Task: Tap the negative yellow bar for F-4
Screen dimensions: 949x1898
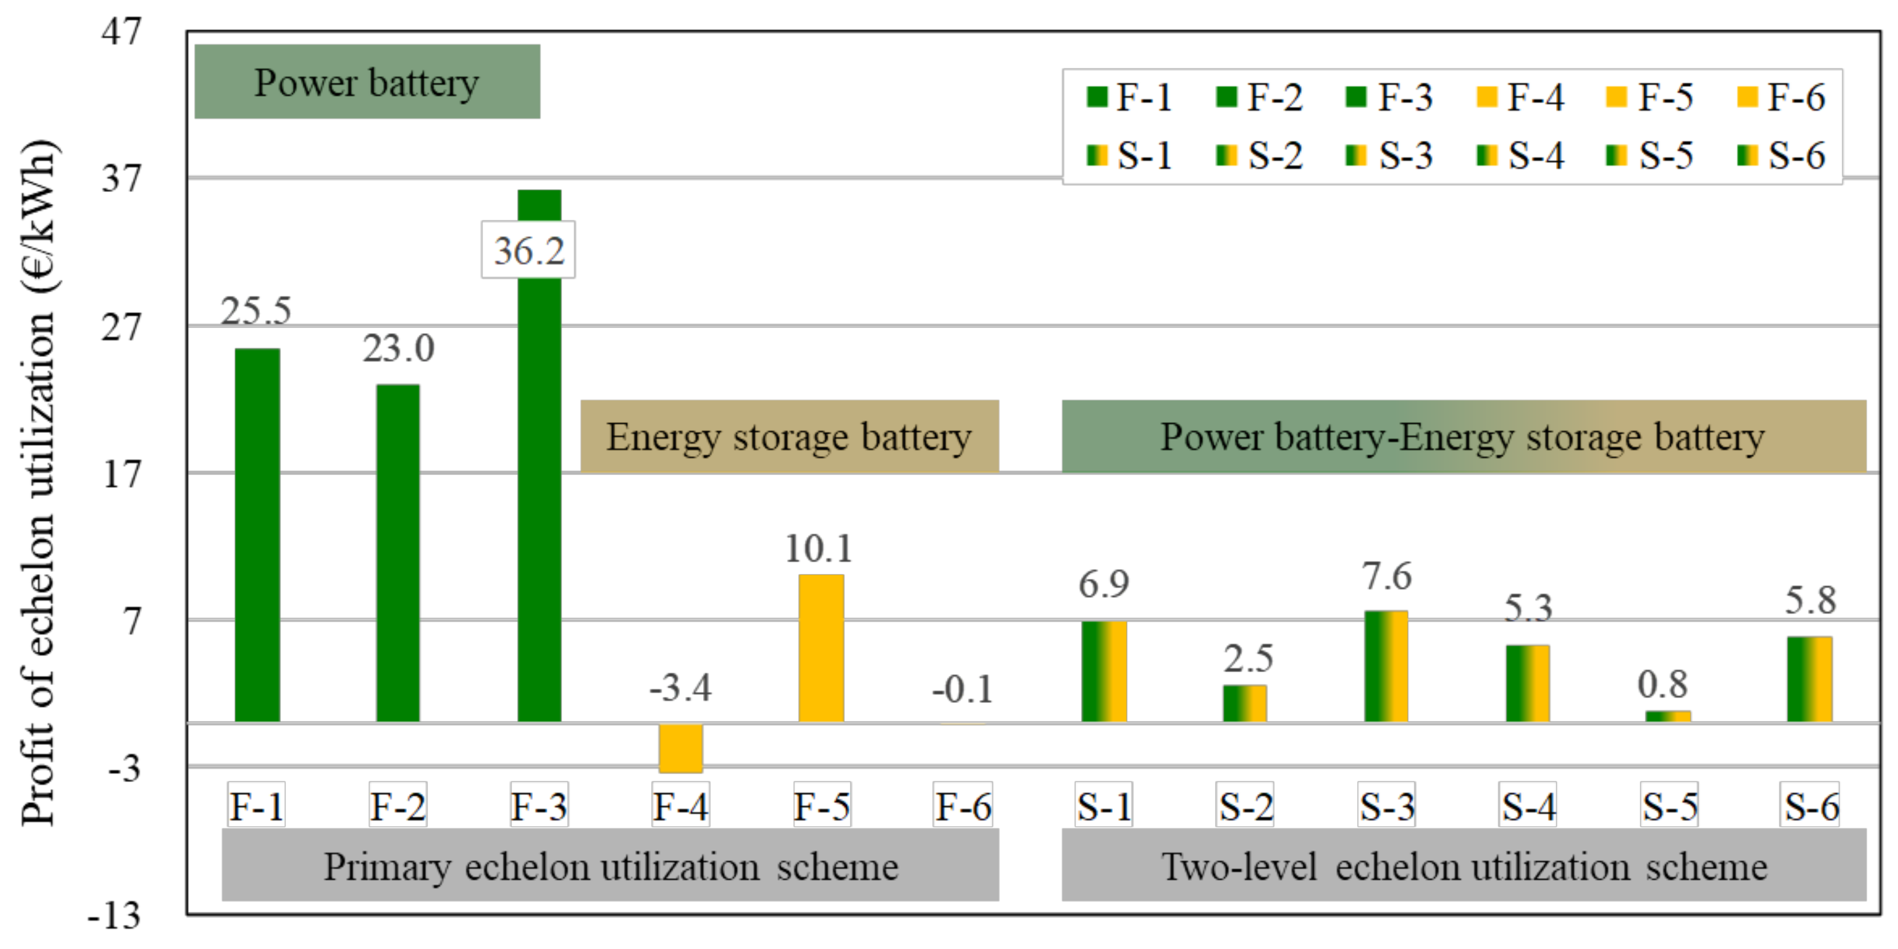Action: click(680, 748)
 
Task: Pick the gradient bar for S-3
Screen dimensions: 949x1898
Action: click(1386, 666)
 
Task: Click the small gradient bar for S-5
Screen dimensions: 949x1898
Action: click(1667, 716)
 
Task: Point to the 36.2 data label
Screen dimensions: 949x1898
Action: click(528, 251)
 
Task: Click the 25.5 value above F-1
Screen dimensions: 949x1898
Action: click(256, 311)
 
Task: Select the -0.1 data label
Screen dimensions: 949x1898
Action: click(962, 690)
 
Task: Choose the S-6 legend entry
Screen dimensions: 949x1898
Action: click(1781, 156)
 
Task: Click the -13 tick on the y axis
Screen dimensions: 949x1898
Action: click(113, 916)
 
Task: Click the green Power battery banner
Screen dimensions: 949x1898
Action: click(367, 82)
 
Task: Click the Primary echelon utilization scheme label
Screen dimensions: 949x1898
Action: click(610, 866)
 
